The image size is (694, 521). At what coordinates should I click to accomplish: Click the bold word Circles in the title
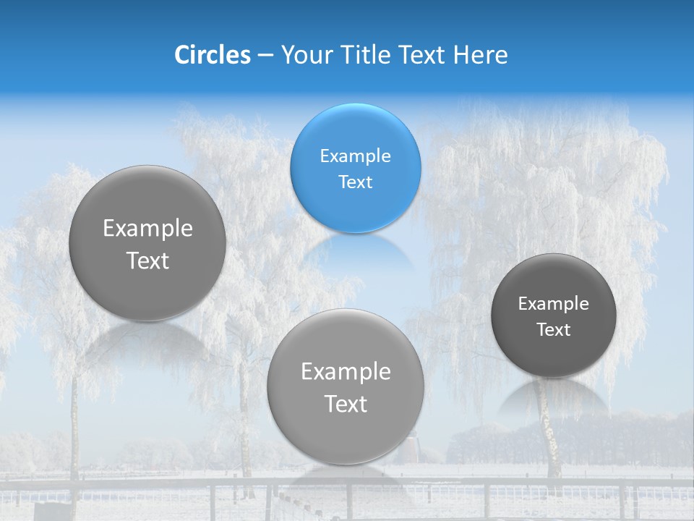212,55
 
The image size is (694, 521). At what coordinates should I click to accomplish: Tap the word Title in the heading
369,55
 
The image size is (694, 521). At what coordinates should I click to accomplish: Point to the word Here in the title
481,55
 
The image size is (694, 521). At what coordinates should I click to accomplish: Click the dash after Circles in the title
265,56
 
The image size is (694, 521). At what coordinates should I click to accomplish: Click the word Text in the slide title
424,55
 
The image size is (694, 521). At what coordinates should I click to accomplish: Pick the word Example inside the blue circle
355,156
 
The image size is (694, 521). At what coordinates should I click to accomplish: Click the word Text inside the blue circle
355,182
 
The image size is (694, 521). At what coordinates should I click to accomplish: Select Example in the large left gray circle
147,229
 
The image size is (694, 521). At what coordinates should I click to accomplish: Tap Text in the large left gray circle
147,260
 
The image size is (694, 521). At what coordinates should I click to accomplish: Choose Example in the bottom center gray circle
346,372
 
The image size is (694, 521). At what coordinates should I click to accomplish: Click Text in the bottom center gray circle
346,404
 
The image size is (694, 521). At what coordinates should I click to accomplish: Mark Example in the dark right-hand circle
553,304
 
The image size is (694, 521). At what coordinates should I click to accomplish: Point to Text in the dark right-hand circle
553,330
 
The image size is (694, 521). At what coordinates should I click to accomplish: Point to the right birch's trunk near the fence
553,449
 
